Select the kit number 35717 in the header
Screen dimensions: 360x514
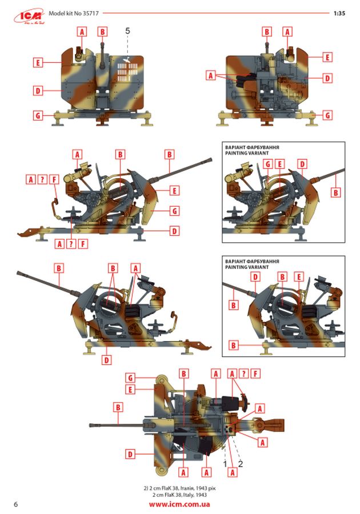(x=90, y=14)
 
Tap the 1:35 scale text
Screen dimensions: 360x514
(x=339, y=14)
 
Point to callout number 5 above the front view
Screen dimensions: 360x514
(x=127, y=30)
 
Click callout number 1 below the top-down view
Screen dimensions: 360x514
(x=225, y=464)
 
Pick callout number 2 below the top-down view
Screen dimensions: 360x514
(x=241, y=464)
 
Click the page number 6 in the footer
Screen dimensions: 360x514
(x=16, y=504)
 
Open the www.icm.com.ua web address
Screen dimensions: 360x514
(x=179, y=504)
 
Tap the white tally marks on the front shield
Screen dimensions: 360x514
(x=127, y=72)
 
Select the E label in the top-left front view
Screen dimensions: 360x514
(x=38, y=62)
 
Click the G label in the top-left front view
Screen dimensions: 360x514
(x=38, y=115)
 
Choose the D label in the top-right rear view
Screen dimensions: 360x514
(x=327, y=78)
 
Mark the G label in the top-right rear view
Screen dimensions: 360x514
(x=327, y=115)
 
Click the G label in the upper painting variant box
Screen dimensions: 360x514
(x=268, y=164)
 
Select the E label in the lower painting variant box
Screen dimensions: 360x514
(x=299, y=277)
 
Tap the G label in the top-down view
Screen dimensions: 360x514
(x=130, y=378)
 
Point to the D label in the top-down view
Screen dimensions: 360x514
(x=130, y=454)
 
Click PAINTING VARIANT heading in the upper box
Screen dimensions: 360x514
(x=247, y=153)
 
